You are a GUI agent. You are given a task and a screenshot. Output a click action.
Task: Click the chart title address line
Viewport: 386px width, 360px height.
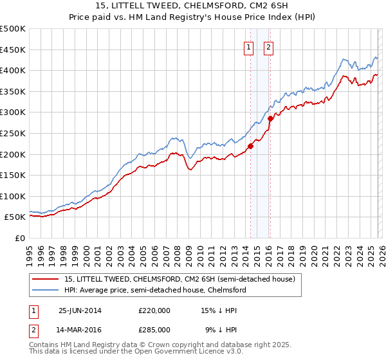tap(192, 6)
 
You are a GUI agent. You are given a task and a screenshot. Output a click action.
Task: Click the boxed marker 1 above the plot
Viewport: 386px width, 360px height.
tap(248, 46)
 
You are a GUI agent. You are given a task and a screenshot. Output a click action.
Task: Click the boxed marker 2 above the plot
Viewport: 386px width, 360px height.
tap(268, 46)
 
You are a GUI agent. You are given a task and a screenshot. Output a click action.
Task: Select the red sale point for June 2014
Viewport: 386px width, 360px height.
tap(250, 146)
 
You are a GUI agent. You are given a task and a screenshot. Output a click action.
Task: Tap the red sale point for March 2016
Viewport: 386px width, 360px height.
tap(270, 118)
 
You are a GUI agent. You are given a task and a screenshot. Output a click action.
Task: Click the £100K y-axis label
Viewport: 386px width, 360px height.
tap(13, 196)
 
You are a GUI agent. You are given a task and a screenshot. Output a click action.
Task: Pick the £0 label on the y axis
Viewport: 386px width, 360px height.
tap(20, 238)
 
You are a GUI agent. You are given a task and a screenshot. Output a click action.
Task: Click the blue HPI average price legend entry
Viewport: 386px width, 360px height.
tap(155, 291)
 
